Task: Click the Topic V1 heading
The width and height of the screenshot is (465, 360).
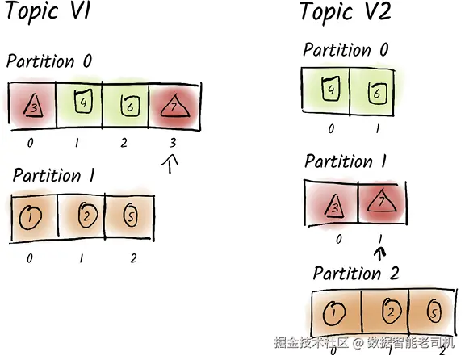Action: coord(48,11)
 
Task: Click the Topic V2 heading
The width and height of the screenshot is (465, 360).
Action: coord(346,12)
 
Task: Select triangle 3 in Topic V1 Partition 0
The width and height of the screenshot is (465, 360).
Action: coord(33,106)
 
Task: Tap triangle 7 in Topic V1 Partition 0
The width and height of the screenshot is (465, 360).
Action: coord(174,106)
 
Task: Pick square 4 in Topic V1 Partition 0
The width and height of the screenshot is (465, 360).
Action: coord(83,102)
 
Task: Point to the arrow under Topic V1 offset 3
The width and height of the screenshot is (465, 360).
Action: coord(170,164)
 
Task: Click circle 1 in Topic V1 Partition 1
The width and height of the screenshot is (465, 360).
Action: coord(30,217)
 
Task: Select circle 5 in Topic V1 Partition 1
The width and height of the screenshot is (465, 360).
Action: coord(130,216)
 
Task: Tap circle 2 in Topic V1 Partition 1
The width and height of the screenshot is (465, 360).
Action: coord(88,215)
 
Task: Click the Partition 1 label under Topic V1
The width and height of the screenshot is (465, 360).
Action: coord(54,175)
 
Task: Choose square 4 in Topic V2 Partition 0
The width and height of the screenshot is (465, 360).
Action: coord(331,88)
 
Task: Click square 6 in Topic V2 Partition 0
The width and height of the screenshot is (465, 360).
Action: coord(377,93)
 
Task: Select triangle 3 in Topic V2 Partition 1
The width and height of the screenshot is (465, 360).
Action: coord(335,206)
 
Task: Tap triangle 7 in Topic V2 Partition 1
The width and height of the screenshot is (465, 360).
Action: coord(382,201)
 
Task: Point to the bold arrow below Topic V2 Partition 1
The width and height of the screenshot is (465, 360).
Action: coord(380,254)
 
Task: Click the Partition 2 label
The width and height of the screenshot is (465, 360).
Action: coord(357,274)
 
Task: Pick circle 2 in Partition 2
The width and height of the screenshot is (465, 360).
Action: coord(392,311)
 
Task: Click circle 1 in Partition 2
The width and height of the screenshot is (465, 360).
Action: coord(334,313)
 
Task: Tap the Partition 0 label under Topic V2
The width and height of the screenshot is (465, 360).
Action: coord(346,50)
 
